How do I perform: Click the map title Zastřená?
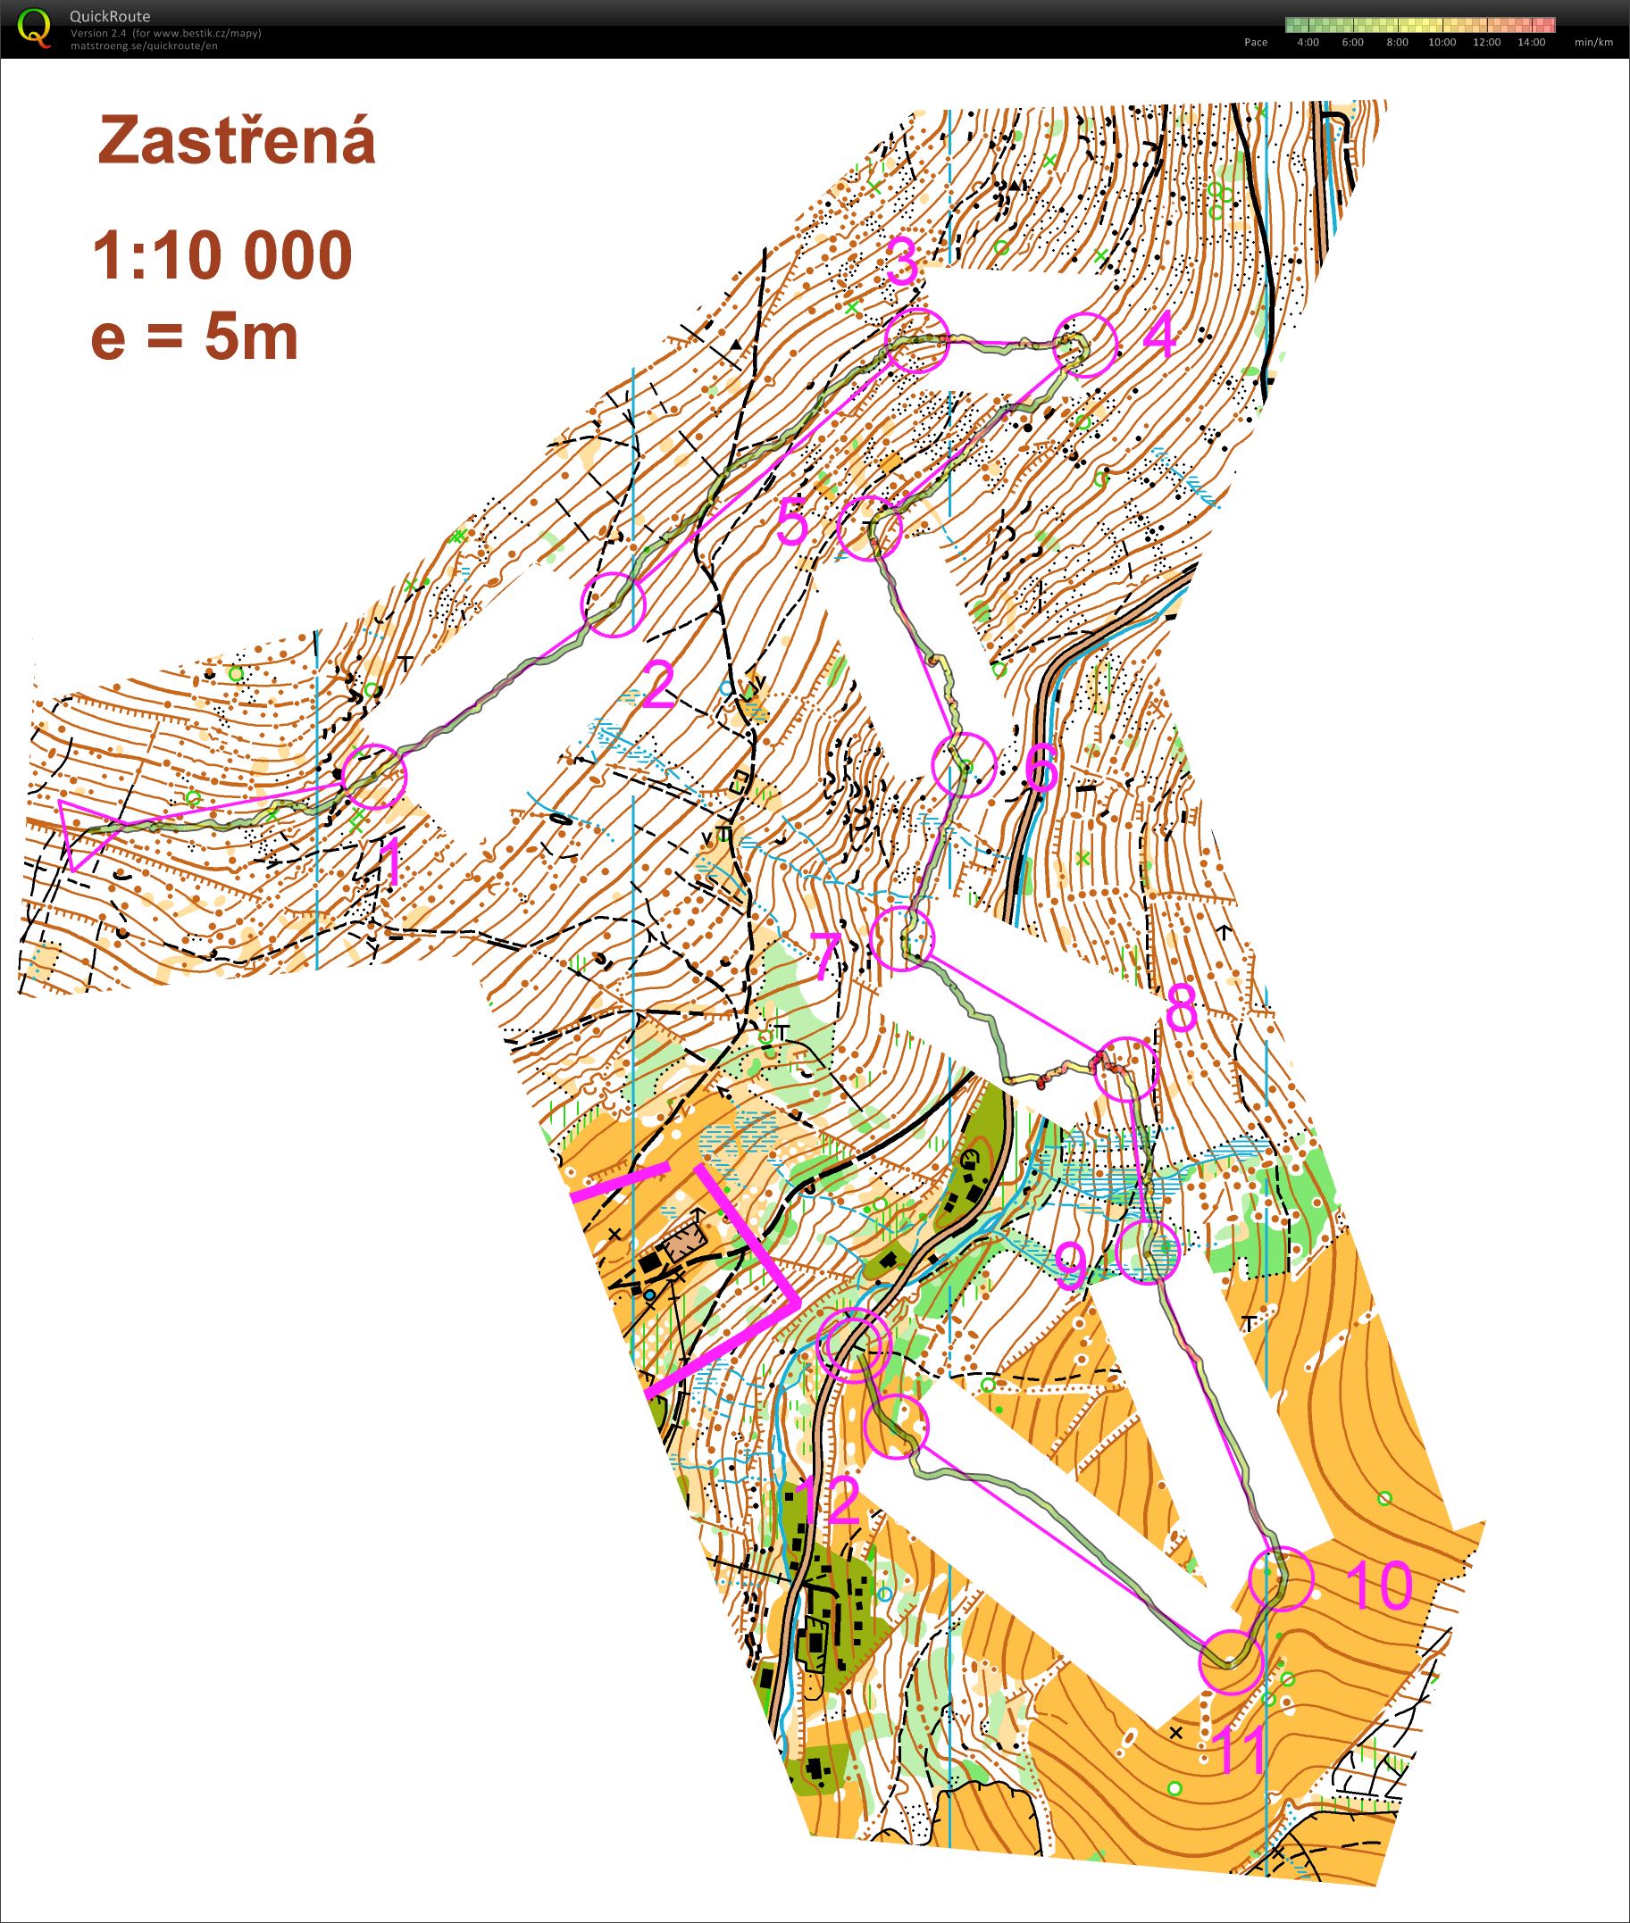[x=237, y=141]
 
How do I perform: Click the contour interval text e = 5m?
[x=195, y=337]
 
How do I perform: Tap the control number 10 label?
[x=1378, y=1585]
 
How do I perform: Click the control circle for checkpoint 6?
[x=964, y=764]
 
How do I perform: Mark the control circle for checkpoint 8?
[x=1124, y=1069]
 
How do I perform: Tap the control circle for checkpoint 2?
[x=612, y=604]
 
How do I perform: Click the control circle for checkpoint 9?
[x=1148, y=1252]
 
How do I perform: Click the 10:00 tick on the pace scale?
[x=1442, y=43]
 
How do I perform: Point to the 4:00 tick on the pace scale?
[x=1308, y=43]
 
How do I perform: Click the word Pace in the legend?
[x=1256, y=43]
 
